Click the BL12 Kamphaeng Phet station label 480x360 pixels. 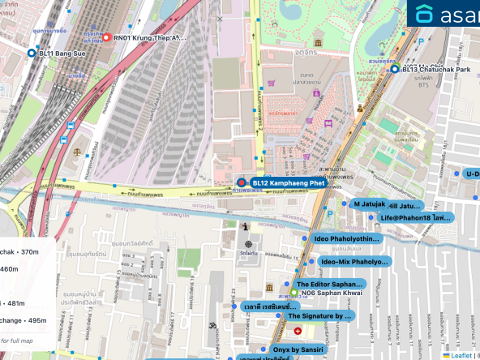288,184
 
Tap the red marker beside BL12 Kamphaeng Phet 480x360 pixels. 241,184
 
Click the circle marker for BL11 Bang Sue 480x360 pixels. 32,53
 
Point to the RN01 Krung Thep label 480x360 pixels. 149,37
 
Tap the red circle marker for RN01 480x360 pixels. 105,37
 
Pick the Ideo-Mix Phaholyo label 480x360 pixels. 354,262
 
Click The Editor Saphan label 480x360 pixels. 329,285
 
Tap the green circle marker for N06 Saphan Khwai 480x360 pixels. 294,293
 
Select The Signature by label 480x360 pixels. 320,315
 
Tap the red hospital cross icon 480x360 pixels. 298,332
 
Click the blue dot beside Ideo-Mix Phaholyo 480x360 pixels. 313,262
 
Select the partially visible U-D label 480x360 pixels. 470,174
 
